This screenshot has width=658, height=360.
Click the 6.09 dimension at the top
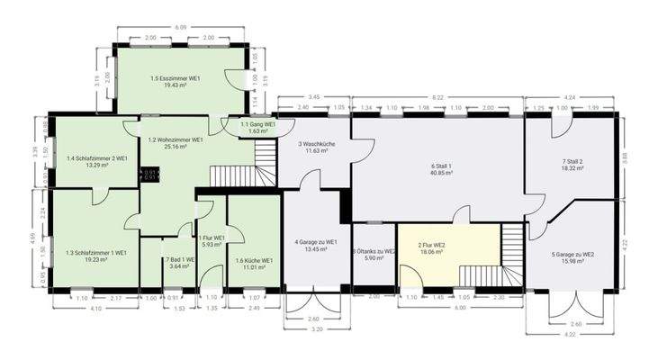[x=181, y=27]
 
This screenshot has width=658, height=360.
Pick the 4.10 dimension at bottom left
[x=95, y=310]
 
